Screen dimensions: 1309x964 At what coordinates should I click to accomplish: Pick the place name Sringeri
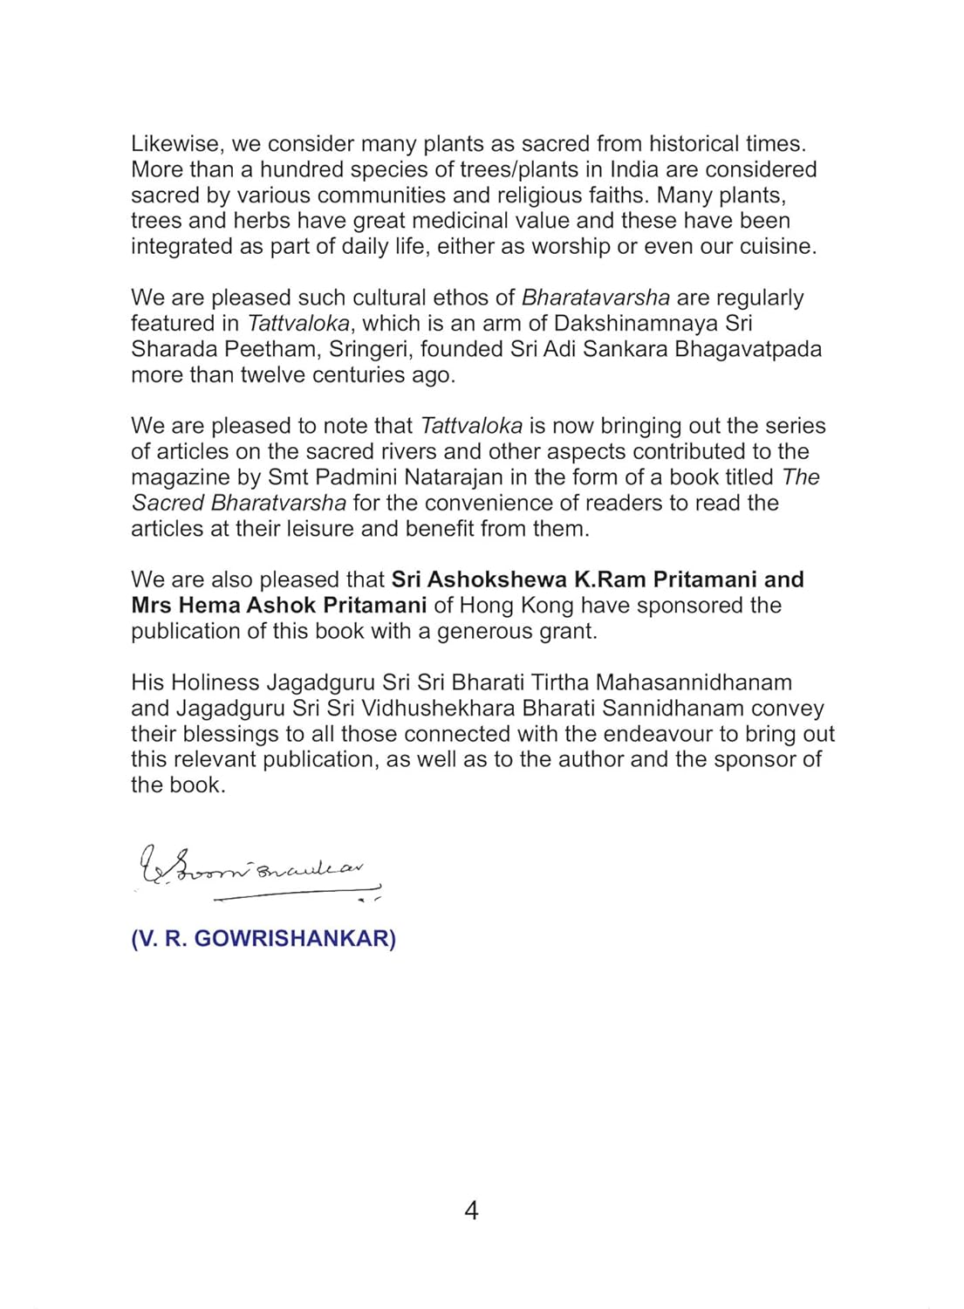coord(370,349)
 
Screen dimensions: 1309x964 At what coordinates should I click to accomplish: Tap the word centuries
coord(359,375)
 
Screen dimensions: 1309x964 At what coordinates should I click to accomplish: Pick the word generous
coord(486,631)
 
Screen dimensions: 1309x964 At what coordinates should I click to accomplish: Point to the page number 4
coord(471,1210)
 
